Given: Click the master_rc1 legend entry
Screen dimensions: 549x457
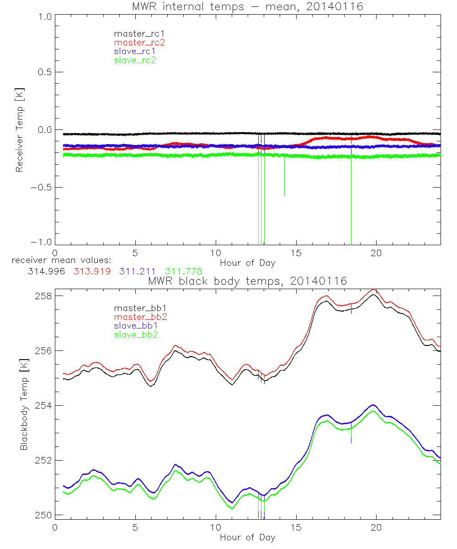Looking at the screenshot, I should point(135,33).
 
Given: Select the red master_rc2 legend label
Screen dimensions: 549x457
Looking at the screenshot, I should point(139,42).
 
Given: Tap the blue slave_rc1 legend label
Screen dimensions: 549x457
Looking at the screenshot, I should point(135,51).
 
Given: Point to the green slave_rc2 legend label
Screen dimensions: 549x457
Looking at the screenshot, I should point(135,59).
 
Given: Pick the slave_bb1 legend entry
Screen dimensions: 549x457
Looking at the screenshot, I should point(135,325).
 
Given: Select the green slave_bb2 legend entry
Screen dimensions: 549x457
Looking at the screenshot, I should point(135,334).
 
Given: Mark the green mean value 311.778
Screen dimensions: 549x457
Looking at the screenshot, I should point(184,271).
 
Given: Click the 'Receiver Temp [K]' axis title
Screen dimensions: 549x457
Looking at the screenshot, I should point(19,130).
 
